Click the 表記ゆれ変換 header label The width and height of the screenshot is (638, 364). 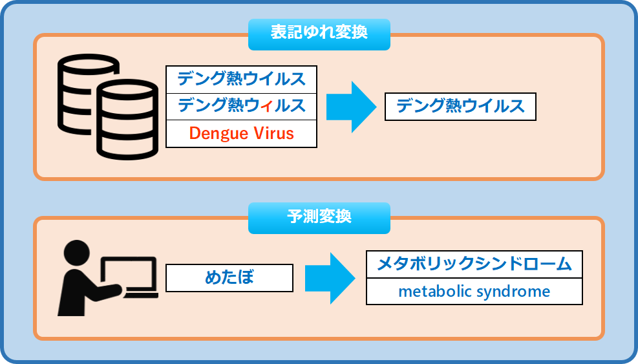[319, 34]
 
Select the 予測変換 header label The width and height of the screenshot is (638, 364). [319, 218]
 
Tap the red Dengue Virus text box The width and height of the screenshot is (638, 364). [241, 134]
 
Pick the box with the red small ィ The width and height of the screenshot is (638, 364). [241, 106]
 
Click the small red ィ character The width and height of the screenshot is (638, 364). [266, 107]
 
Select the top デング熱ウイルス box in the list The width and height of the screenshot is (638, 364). [241, 80]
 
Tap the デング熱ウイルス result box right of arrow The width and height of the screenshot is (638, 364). [460, 107]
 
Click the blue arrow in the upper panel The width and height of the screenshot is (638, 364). [351, 107]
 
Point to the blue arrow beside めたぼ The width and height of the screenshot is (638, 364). [330, 279]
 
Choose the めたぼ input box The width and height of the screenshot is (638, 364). [229, 278]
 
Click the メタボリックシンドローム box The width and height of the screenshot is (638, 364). [474, 264]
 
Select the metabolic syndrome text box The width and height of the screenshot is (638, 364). [474, 292]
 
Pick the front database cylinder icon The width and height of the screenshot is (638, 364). [127, 120]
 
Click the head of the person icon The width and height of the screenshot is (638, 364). [76, 253]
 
